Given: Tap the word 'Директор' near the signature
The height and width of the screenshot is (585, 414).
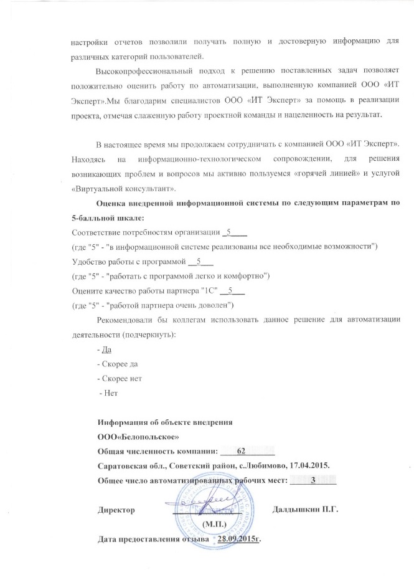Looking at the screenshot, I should pos(116,510).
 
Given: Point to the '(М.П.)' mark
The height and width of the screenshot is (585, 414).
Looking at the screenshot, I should pos(215,524).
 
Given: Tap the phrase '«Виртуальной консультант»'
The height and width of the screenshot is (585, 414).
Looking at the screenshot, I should pos(125,188).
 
